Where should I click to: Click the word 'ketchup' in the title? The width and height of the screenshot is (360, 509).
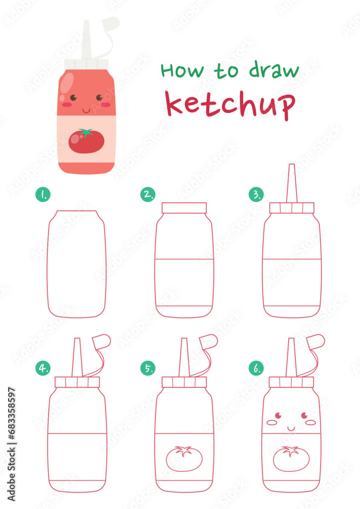tap(231, 104)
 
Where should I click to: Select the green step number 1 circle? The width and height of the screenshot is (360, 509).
tap(42, 194)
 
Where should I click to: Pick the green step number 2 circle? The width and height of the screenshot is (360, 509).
tap(148, 194)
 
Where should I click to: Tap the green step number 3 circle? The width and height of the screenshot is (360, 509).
tap(256, 194)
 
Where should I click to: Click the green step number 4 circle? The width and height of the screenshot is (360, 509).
tap(42, 368)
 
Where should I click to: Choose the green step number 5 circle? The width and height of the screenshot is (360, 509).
tap(148, 368)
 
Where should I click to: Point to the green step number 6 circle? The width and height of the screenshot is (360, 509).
tap(256, 368)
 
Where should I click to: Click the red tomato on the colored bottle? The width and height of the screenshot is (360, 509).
tap(86, 142)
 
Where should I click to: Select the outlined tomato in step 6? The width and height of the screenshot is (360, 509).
tap(291, 458)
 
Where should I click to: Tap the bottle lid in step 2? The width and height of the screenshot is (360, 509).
tap(184, 208)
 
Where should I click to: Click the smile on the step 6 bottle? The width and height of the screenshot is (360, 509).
tap(291, 428)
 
